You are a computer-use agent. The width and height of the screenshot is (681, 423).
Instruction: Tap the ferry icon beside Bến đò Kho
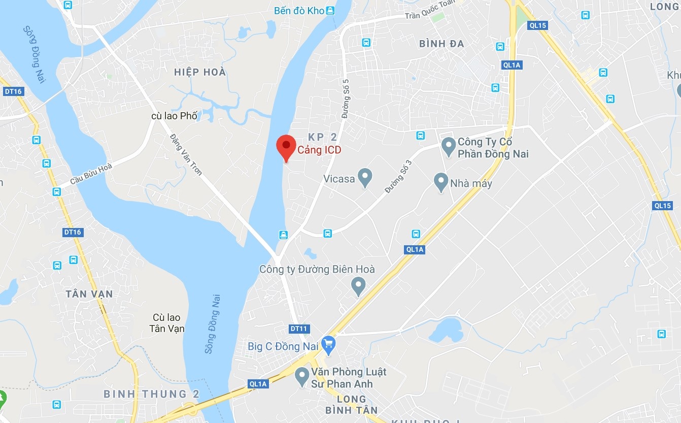[x=331, y=10]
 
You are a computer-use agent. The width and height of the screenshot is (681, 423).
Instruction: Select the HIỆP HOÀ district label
[x=199, y=72]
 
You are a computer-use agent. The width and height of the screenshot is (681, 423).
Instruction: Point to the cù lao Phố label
[x=174, y=116]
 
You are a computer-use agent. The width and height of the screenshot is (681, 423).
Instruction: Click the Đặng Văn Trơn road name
[x=186, y=154]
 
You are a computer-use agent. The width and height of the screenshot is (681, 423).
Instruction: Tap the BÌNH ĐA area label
[x=441, y=44]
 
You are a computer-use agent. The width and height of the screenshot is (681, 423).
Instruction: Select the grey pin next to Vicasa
[x=365, y=178]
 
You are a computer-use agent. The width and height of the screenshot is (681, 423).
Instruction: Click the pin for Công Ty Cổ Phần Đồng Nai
[x=448, y=147]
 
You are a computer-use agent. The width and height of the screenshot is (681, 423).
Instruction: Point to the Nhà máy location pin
[x=440, y=183]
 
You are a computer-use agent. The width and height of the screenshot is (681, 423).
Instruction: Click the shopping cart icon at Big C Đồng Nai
[x=329, y=346]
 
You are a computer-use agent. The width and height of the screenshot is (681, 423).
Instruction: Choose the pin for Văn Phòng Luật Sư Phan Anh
[x=302, y=377]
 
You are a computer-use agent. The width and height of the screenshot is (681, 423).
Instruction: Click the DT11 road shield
[x=299, y=329]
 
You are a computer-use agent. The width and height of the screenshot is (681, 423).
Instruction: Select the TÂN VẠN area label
[x=89, y=294]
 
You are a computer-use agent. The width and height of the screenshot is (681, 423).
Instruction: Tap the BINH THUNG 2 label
[x=151, y=394]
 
